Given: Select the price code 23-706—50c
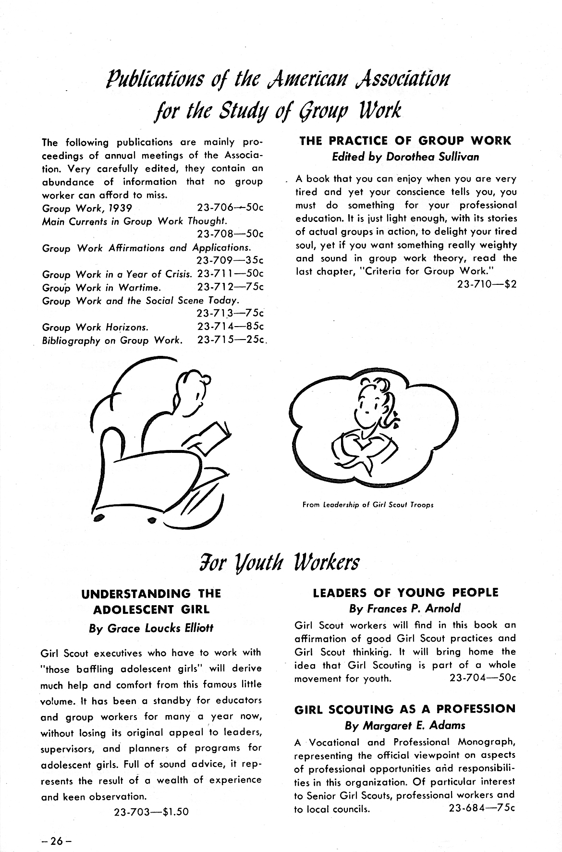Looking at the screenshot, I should (x=230, y=208).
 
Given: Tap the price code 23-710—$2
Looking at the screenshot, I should (x=487, y=284).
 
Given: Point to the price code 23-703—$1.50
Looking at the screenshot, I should (x=151, y=812).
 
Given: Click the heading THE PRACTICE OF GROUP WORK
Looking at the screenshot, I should (x=405, y=141).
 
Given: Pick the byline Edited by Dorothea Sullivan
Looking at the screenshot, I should (x=405, y=157).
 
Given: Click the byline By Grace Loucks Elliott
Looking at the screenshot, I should (x=151, y=628).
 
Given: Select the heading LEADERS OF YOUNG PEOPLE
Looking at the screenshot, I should (x=405, y=592).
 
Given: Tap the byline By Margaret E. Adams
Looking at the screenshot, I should (x=405, y=725).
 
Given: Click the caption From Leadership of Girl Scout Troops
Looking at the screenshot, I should (x=368, y=505).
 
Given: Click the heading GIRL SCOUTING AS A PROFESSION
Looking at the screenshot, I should (x=405, y=709).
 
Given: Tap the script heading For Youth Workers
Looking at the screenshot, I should (x=281, y=561).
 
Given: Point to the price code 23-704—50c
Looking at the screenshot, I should (x=482, y=679).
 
